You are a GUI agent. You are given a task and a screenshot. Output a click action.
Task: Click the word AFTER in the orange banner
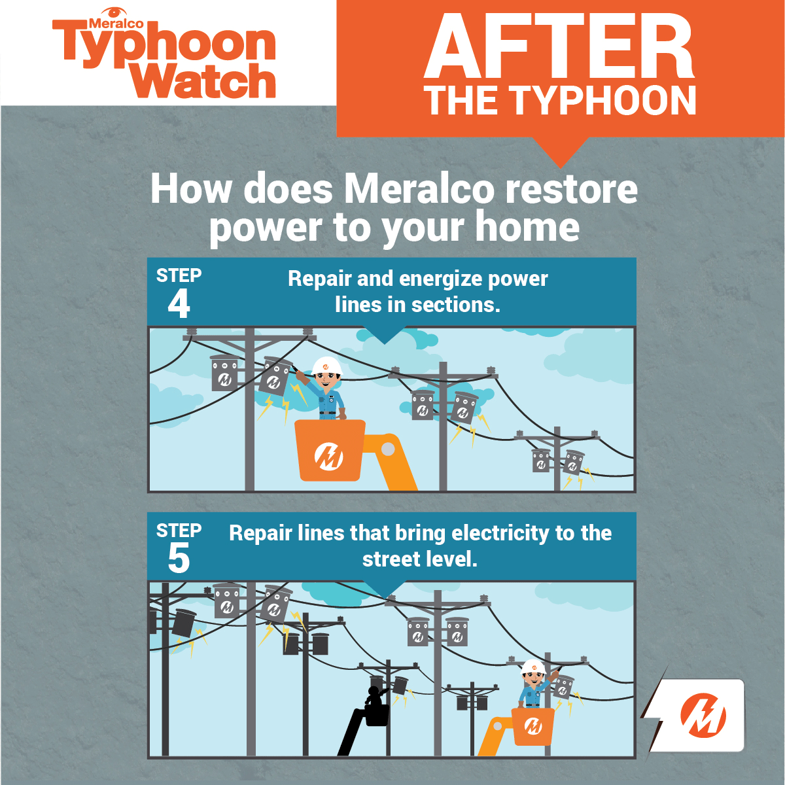pos(559,46)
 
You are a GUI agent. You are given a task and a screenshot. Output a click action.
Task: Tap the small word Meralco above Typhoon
pos(116,24)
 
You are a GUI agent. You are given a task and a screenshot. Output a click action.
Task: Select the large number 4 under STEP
pos(179,304)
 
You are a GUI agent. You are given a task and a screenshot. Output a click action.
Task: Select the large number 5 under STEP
pos(179,558)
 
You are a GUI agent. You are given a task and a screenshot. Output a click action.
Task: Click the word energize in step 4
pos(440,280)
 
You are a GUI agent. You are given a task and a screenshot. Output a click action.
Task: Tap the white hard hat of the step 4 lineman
pos(327,366)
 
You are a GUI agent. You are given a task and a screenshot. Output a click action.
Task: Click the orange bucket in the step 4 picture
pos(330,450)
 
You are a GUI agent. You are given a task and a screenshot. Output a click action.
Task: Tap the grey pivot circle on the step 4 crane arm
pos(388,449)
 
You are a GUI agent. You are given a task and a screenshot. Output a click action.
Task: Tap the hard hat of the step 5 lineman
pos(534,667)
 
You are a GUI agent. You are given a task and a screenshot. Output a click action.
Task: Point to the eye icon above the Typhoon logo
pos(114,12)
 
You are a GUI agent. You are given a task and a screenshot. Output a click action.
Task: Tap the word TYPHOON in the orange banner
pos(604,101)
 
